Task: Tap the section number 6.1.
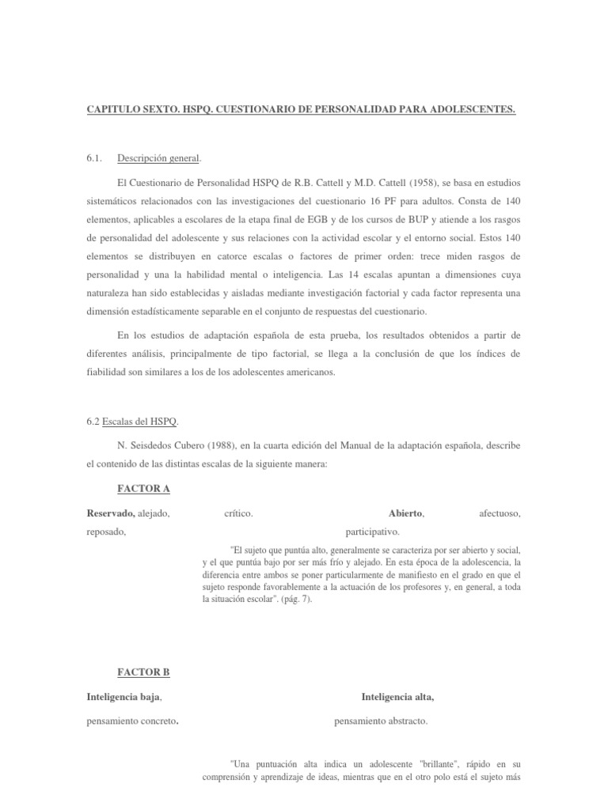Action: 96,158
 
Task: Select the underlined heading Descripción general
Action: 159,158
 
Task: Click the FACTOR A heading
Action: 143,489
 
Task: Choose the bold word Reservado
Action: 110,513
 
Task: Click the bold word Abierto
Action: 406,513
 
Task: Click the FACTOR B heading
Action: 143,672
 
